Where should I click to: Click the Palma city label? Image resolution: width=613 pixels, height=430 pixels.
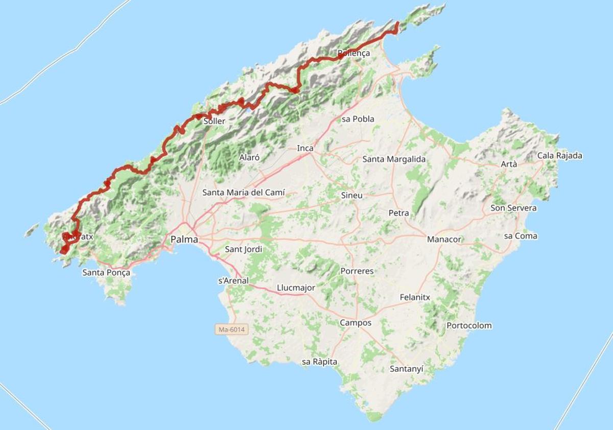184,239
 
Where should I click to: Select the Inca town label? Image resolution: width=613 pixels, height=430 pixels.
305,148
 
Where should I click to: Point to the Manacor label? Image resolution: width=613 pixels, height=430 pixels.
444,239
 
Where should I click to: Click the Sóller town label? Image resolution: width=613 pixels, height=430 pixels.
215,122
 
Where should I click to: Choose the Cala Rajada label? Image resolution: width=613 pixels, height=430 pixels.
560,156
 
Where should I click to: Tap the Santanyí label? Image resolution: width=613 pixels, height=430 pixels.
407,368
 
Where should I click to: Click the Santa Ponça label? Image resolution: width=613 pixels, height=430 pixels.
106,273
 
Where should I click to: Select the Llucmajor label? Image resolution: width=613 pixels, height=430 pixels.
296,288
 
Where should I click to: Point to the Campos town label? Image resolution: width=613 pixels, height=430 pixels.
356,323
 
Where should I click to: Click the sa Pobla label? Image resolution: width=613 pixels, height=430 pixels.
358,119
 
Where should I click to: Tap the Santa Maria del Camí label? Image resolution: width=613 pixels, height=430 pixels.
244,193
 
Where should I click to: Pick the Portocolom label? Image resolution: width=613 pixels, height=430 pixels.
469,325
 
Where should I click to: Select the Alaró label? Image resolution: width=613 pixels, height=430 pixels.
249,157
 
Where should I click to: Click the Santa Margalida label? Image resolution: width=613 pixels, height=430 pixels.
394,159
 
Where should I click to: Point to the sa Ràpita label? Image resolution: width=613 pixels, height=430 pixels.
319,362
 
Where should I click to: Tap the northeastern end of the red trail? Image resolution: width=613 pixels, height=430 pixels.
397,23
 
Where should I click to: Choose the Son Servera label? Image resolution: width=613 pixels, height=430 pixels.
513,208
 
